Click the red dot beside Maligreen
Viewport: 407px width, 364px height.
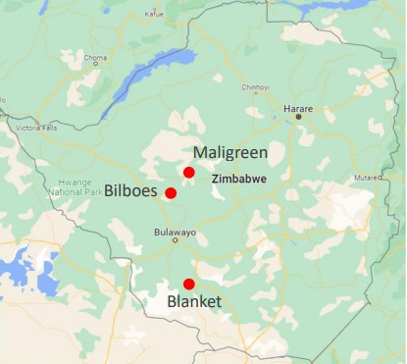click(189, 172)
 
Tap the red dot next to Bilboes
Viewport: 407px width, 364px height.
click(171, 193)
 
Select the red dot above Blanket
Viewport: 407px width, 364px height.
click(189, 284)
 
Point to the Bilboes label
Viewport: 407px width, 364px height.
click(131, 190)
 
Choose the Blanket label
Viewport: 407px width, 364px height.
click(193, 301)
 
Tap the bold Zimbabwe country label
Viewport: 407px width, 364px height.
click(240, 179)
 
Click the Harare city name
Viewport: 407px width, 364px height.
click(297, 107)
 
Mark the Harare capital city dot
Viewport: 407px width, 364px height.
click(299, 118)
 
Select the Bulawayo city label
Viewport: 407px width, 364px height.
click(176, 233)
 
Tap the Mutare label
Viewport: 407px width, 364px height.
click(365, 179)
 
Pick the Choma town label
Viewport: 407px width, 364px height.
click(95, 58)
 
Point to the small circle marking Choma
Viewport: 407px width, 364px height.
click(96, 67)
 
